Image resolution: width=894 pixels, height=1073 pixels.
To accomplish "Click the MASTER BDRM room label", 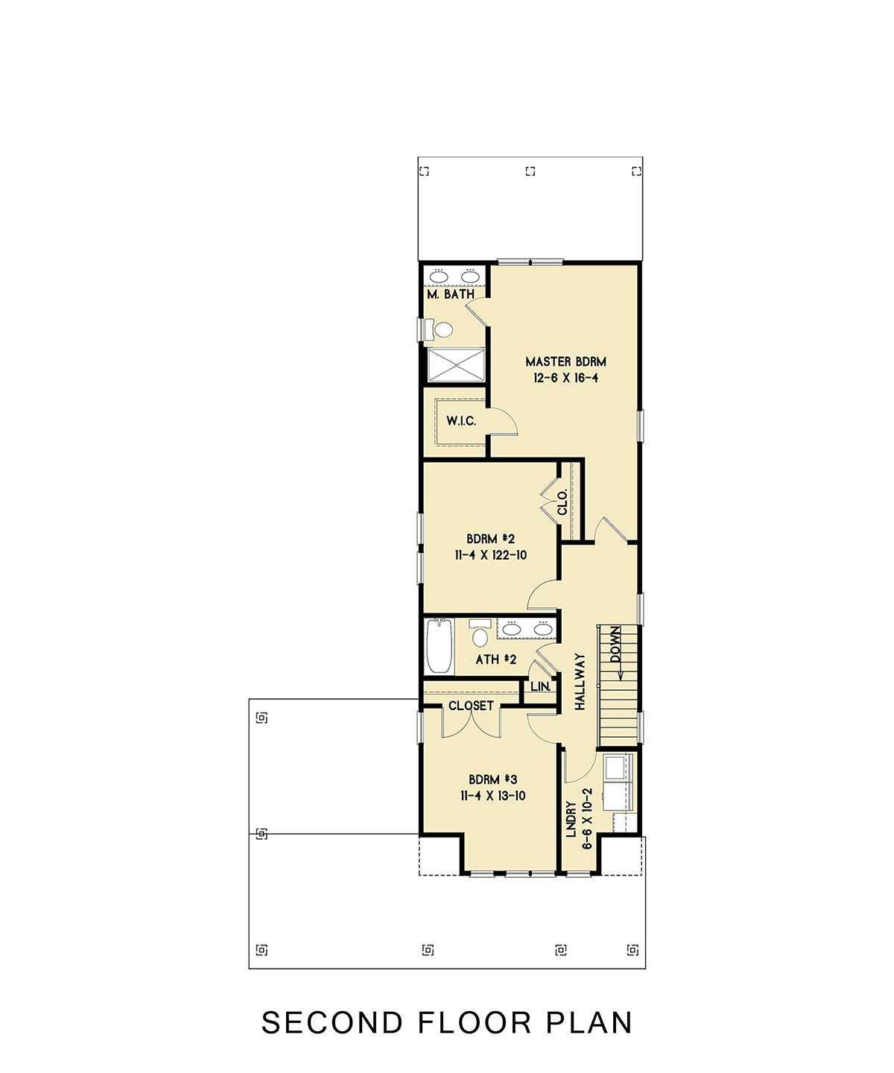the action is [565, 362].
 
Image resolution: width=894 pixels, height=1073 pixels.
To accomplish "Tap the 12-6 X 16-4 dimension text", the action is [565, 379].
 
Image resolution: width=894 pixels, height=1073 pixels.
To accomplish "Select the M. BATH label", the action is [451, 294].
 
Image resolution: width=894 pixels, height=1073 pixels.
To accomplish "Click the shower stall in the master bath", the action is [456, 365].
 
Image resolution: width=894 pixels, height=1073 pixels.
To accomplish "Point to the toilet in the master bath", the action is [440, 329].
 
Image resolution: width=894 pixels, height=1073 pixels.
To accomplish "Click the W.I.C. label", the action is [461, 421].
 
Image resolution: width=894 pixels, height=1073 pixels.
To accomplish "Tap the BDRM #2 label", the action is [490, 539].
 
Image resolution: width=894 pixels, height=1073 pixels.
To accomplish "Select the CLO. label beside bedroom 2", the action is [562, 502].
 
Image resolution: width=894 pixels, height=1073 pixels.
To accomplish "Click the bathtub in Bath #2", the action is [440, 646].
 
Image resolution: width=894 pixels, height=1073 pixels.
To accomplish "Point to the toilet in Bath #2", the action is [480, 633].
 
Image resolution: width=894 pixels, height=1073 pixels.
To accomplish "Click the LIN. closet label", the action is [541, 686].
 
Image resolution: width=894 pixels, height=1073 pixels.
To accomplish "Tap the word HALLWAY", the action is [580, 682].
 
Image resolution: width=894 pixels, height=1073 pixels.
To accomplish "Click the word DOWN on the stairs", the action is [615, 645].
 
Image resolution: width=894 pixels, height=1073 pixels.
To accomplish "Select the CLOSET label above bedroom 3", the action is [471, 706].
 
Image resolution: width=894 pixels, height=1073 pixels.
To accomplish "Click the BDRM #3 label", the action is [492, 779].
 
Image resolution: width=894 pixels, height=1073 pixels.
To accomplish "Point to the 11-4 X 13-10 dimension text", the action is [492, 796].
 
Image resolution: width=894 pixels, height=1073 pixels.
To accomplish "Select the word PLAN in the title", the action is [589, 1022].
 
